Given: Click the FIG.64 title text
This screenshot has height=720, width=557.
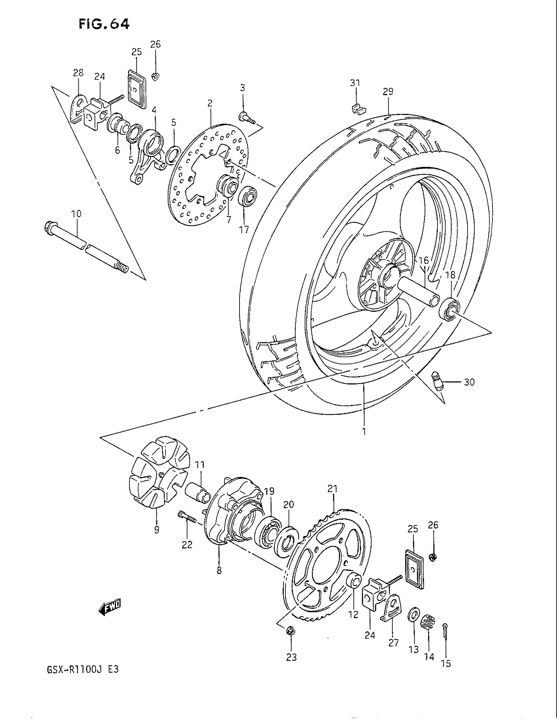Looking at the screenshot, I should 104,24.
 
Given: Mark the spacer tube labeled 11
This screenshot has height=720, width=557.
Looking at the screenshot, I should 197,493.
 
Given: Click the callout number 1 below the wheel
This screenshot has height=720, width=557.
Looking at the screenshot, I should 364,432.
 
